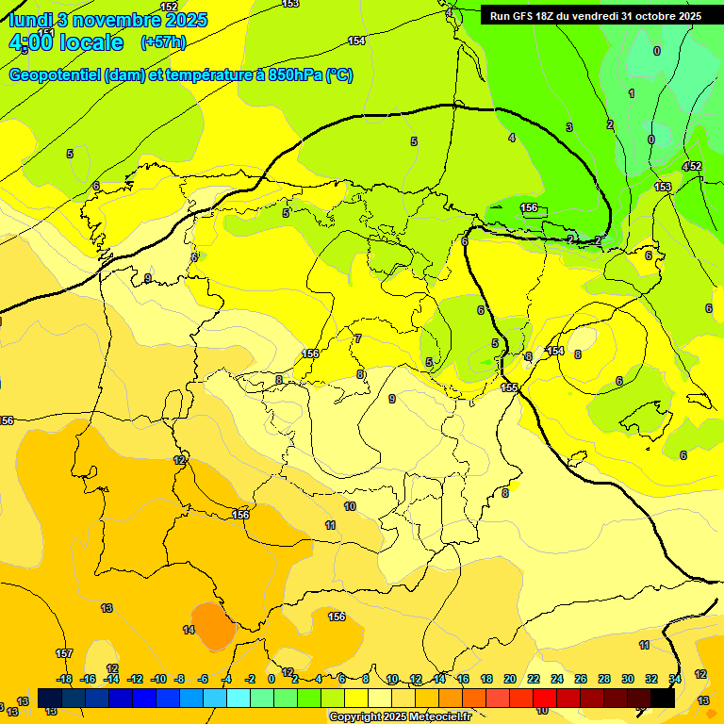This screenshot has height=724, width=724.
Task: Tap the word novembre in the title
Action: click(x=117, y=20)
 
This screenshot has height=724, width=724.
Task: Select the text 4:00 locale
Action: click(x=66, y=43)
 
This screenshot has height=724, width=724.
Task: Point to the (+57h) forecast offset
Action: click(x=163, y=42)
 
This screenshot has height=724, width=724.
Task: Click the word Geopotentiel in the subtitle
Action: click(x=56, y=75)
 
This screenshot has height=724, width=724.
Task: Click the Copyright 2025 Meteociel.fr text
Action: click(x=400, y=717)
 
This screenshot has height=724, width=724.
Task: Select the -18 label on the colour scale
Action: click(x=65, y=679)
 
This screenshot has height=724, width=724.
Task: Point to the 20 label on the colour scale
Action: click(x=510, y=679)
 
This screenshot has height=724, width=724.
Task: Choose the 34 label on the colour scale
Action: click(x=675, y=679)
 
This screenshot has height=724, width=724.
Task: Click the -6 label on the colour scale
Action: click(x=203, y=679)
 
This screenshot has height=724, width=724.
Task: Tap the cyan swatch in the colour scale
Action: click(x=239, y=698)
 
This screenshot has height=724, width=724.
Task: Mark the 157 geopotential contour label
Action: click(x=64, y=653)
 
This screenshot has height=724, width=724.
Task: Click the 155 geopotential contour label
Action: click(x=509, y=387)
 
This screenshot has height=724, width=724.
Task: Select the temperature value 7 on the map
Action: click(x=358, y=338)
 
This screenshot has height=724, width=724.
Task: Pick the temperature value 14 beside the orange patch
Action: click(x=189, y=630)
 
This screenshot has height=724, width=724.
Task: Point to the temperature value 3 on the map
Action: click(x=568, y=127)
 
